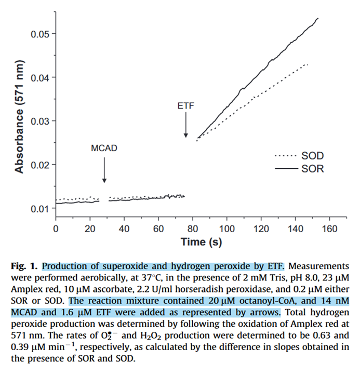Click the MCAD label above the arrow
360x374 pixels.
click(104, 148)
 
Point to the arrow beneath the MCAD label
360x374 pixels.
click(104, 169)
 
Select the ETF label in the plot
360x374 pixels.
click(185, 106)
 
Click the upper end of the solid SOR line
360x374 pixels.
click(317, 19)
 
